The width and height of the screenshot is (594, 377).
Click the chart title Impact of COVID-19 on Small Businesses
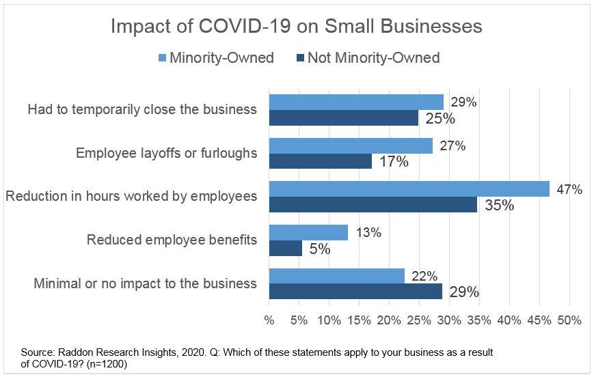(297, 26)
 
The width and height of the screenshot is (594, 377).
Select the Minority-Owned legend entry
(215, 57)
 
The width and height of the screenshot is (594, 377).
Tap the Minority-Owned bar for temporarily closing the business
(356, 102)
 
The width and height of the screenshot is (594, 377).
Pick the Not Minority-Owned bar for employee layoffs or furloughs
(320, 161)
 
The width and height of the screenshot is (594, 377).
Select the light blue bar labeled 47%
(409, 189)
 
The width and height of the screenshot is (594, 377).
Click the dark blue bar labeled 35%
(373, 204)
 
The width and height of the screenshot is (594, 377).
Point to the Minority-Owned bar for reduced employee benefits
(308, 233)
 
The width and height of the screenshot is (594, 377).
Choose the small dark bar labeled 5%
(285, 248)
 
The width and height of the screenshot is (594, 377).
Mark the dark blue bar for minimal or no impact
(355, 292)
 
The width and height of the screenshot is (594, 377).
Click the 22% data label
(424, 276)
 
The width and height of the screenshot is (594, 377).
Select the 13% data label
(368, 233)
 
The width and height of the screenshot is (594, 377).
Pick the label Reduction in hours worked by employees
(131, 197)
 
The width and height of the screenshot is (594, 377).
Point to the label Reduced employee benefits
(172, 240)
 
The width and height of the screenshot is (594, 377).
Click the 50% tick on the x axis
(569, 320)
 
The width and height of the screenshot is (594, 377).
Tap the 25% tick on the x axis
(419, 320)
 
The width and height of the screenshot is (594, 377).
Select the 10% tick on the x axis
(329, 320)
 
